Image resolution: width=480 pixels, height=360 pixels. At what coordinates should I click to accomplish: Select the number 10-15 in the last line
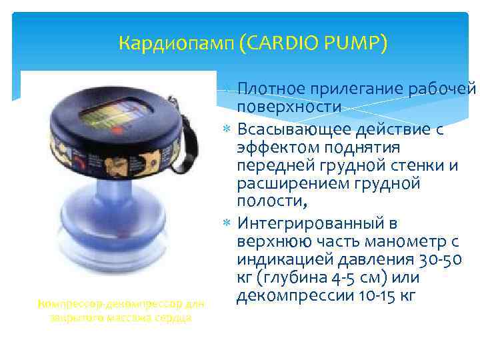(x=375, y=295)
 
